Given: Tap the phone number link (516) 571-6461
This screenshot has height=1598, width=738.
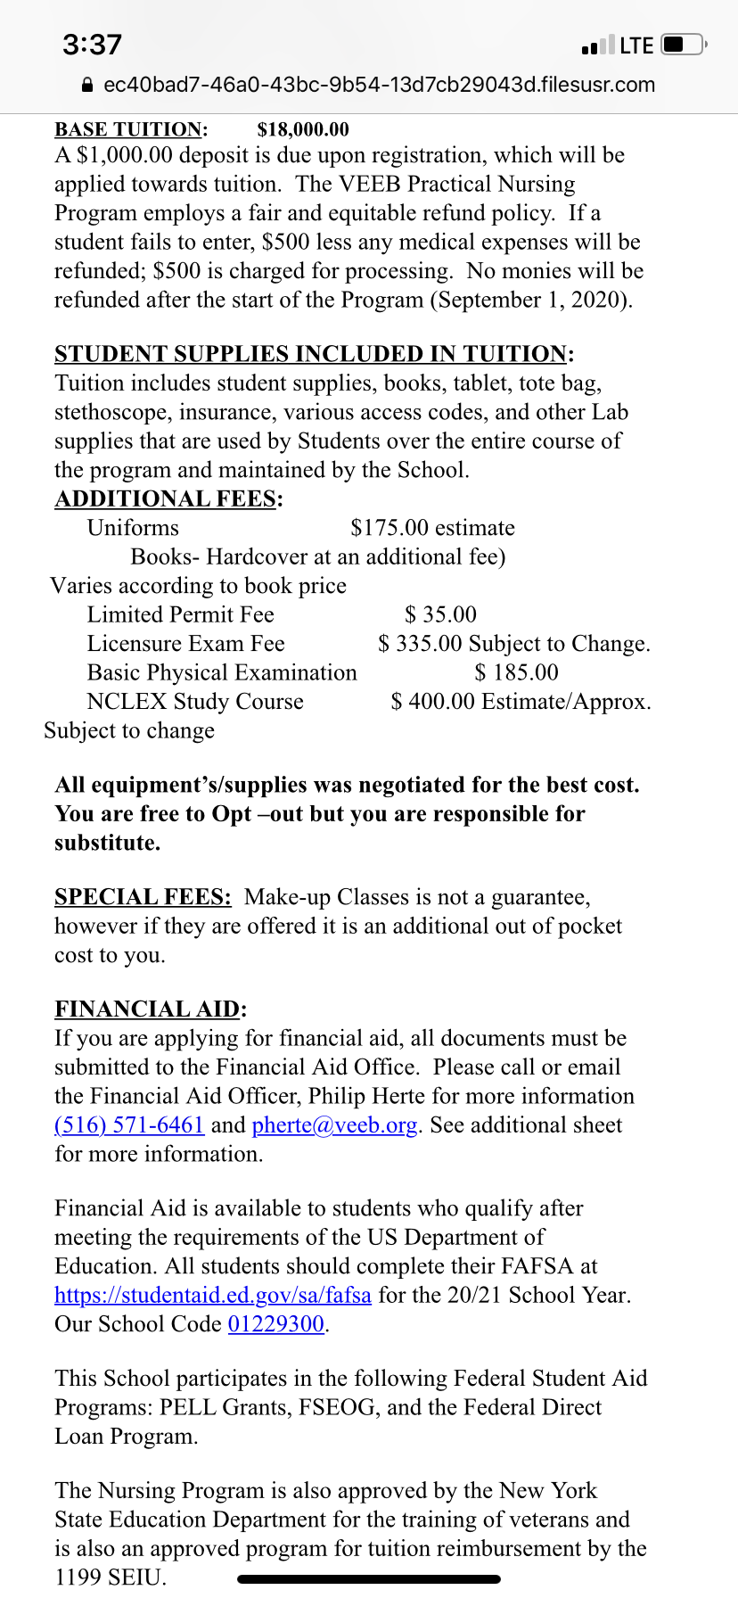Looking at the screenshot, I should [x=129, y=1124].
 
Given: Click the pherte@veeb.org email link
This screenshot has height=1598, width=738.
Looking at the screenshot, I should [x=334, y=1124].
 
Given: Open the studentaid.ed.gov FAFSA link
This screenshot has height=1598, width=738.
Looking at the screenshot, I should [x=212, y=1295].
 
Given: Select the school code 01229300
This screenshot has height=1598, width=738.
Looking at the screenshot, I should [x=276, y=1323].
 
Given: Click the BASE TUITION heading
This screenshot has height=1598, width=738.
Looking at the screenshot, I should [x=130, y=129].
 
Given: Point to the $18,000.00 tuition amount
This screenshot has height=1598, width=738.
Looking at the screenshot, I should [x=303, y=129].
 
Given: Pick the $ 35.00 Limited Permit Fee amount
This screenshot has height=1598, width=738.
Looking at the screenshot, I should [x=440, y=614].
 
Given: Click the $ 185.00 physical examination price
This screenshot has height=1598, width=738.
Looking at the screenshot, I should [x=517, y=672].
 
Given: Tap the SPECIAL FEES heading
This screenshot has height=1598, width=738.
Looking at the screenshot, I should [x=143, y=897].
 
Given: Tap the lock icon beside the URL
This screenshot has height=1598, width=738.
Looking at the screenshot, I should [x=87, y=86].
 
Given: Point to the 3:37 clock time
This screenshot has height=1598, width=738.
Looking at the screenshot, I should [x=92, y=45].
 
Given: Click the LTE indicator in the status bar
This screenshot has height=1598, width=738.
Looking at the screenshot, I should [x=636, y=45].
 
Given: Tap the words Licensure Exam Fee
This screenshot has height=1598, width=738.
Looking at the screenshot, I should [x=185, y=644].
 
